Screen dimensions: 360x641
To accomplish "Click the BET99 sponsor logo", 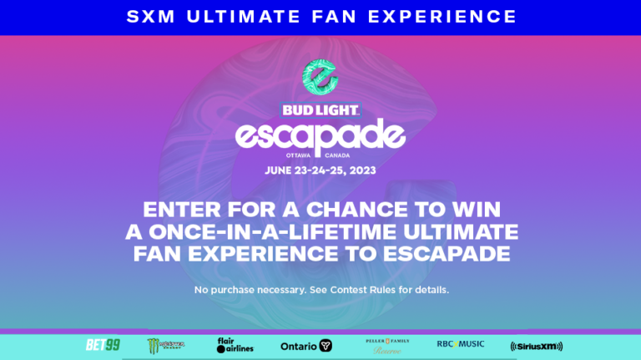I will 103,345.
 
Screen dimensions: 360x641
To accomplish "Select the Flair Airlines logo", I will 235,345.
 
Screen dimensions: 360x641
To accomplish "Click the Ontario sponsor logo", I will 306,346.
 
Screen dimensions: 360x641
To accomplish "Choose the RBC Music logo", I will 461,344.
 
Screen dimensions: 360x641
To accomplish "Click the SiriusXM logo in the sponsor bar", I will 537,346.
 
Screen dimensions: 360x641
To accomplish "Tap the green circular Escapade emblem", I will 320,77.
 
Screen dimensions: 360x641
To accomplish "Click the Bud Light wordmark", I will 320,109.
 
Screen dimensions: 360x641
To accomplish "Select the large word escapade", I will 320,135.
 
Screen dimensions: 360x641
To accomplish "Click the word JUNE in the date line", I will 279,170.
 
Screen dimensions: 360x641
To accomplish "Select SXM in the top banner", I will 151,17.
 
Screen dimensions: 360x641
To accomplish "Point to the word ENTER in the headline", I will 176,210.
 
